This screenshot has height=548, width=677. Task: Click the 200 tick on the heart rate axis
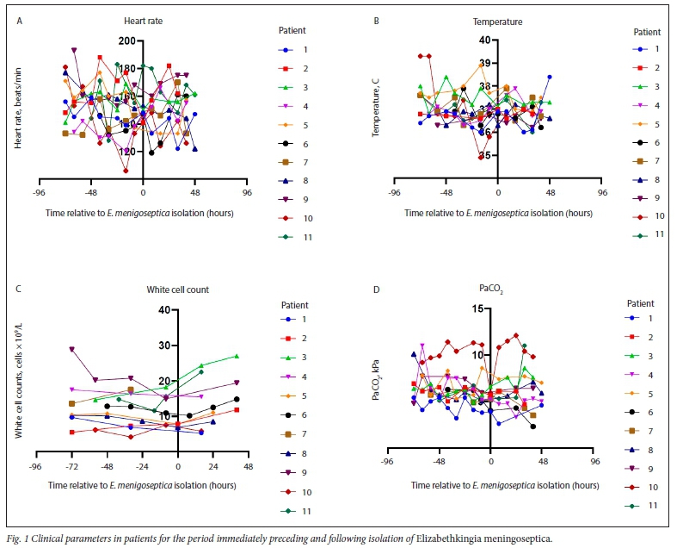tap(129, 41)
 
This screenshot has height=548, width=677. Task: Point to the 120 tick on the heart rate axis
tap(129, 151)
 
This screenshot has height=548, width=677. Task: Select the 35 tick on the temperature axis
tap(487, 155)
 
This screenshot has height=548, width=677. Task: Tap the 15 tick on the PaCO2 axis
tap(479, 309)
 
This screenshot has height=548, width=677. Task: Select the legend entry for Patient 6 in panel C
tap(298, 414)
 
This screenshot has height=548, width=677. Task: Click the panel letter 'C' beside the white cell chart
tap(19, 290)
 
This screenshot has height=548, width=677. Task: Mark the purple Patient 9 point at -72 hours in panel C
tap(71, 350)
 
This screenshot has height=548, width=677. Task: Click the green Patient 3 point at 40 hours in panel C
tap(237, 356)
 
